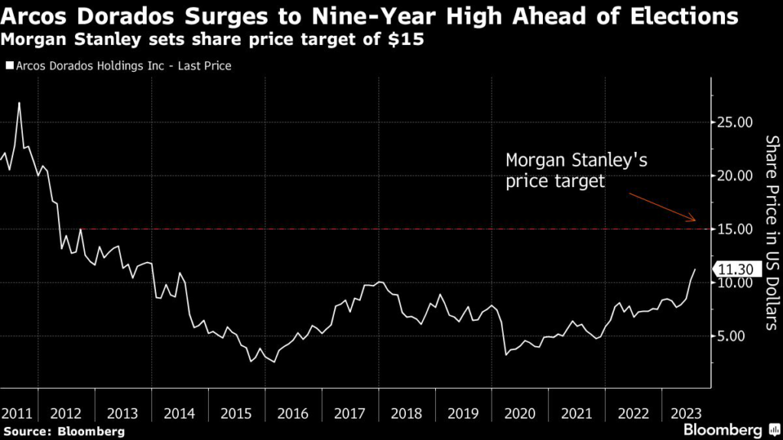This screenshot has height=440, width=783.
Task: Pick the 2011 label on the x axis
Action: pos(16,413)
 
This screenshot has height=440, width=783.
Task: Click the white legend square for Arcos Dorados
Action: pos(8,66)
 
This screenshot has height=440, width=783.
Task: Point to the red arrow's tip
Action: pos(695,220)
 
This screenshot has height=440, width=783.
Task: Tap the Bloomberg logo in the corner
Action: pos(725,429)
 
